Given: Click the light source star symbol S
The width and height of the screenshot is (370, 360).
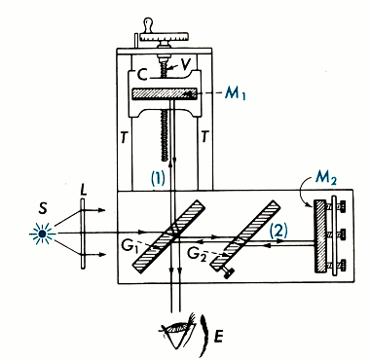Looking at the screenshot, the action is (42, 234).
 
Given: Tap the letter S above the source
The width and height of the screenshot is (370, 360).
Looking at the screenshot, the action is (43, 208).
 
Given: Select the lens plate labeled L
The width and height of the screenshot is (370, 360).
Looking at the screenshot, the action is (83, 234).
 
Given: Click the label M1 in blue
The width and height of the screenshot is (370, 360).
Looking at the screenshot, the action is (236, 93).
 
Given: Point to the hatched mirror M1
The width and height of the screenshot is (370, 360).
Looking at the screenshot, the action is (165, 93).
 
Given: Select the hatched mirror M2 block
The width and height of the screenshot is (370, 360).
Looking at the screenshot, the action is (320, 235).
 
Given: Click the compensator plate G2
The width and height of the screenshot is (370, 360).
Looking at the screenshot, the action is (245, 235).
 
